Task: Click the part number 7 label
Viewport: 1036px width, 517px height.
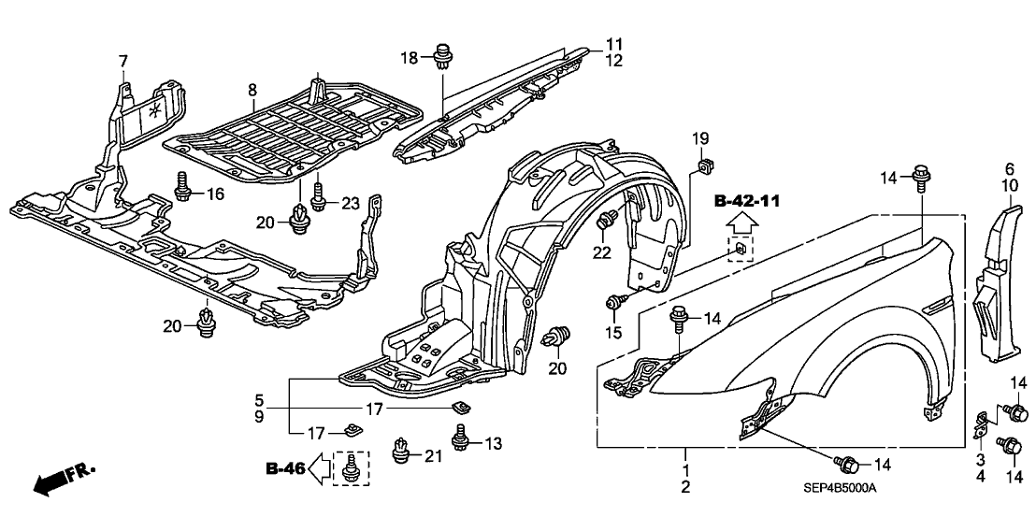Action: [x=122, y=62]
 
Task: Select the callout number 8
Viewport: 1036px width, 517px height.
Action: [x=252, y=90]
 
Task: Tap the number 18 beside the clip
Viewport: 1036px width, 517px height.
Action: [x=408, y=58]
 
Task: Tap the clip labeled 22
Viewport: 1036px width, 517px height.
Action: [x=606, y=221]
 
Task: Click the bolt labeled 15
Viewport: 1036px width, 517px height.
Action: [x=615, y=302]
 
